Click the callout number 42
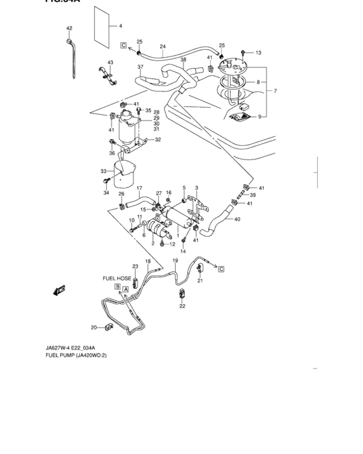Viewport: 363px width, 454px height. click(x=69, y=29)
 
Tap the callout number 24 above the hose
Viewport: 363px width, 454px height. click(x=163, y=47)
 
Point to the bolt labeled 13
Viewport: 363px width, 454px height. click(x=242, y=52)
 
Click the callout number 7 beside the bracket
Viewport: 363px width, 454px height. click(x=275, y=91)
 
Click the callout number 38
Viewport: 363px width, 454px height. click(x=183, y=60)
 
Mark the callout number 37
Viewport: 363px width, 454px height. click(x=140, y=67)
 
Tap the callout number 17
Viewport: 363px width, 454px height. click(x=138, y=189)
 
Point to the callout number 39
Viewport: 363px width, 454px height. click(x=253, y=195)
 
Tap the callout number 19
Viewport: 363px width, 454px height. click(x=175, y=260)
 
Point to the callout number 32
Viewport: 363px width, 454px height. click(x=158, y=139)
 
